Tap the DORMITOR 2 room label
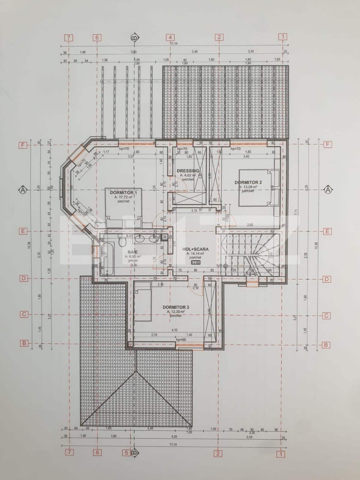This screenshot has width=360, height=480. tap(248, 182)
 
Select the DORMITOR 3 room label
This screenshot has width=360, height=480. tap(176, 307)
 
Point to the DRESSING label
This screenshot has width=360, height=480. tap(188, 171)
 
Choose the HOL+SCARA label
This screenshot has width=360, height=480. tap(195, 249)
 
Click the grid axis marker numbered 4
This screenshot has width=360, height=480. tap(170, 37)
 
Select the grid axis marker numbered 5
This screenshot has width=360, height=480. tap(127, 452)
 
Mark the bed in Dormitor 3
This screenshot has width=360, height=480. tap(142, 303)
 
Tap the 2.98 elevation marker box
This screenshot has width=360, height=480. tap(196, 262)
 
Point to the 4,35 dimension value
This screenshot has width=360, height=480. tap(174, 436)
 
